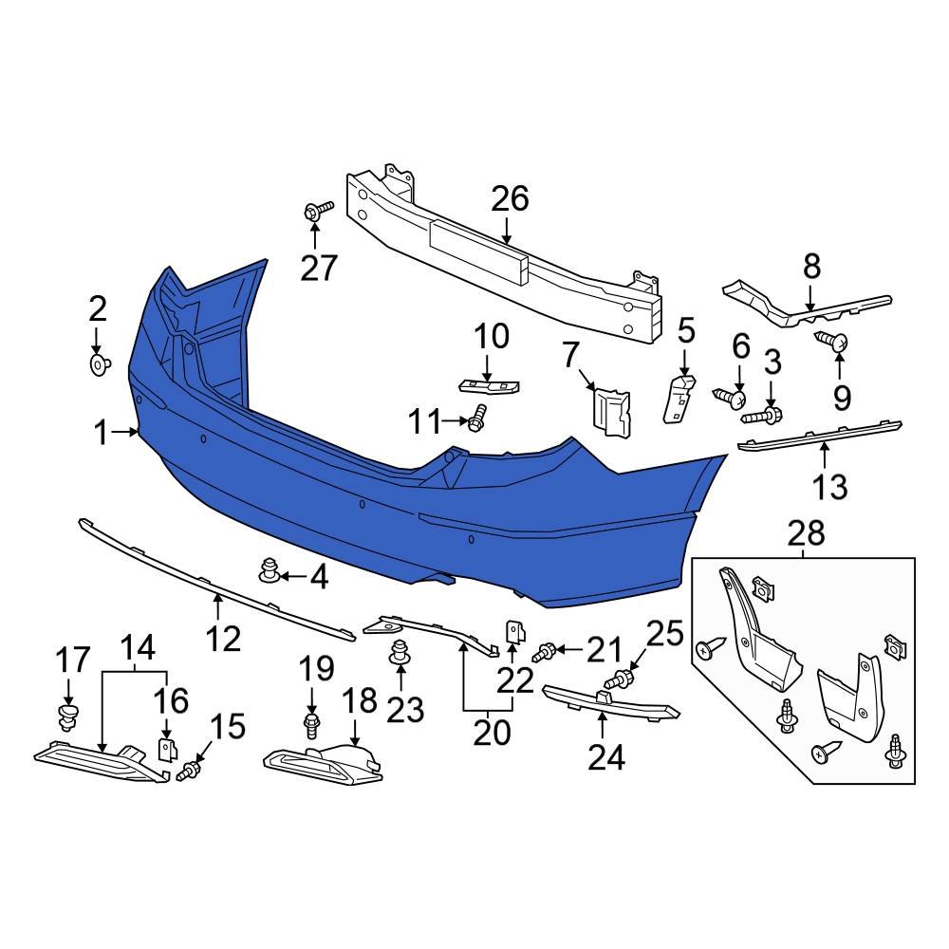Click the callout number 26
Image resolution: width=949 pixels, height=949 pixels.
click(x=510, y=199)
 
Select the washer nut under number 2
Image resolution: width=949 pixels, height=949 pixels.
click(x=99, y=363)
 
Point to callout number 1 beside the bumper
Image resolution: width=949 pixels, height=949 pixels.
click(x=102, y=434)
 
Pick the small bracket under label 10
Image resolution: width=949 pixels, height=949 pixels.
click(x=489, y=385)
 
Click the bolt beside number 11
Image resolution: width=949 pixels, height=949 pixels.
click(x=477, y=417)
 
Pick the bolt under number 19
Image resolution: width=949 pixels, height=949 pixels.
click(x=312, y=726)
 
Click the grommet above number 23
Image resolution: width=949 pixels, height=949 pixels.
click(x=400, y=654)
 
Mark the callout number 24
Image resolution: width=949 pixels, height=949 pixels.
click(x=605, y=756)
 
